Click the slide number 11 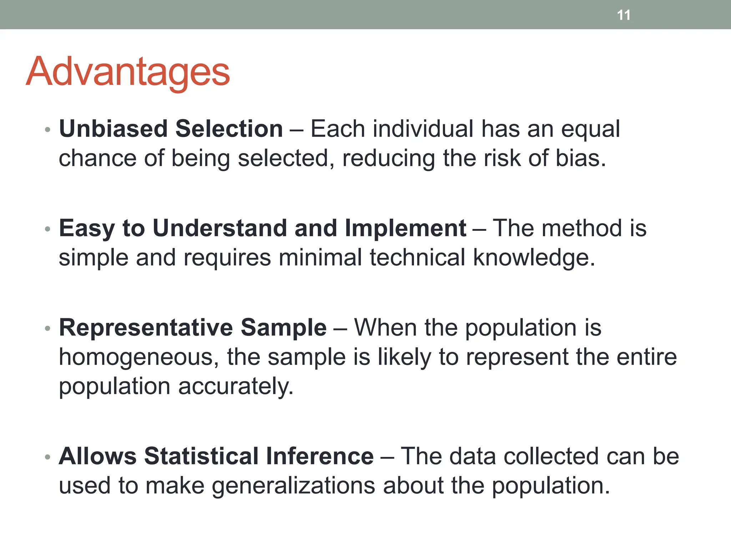click(624, 15)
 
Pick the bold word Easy click(87, 228)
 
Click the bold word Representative click(146, 328)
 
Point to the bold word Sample click(283, 328)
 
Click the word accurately click(236, 387)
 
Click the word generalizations click(293, 486)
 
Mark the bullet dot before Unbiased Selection click(47, 130)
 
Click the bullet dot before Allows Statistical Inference click(47, 457)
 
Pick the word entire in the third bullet click(646, 357)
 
